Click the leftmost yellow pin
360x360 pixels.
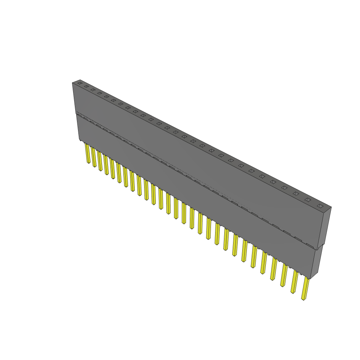tap(88, 153)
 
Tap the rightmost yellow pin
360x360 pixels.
tap(305, 289)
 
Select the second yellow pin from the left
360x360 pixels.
tap(94, 157)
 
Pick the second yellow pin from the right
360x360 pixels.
tap(294, 282)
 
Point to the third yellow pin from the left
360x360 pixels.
tap(99, 161)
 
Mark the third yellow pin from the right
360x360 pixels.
tap(283, 276)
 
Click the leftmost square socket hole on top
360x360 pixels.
tap(80, 83)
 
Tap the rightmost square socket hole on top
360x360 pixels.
tap(320, 206)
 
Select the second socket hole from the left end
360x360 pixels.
tap(86, 86)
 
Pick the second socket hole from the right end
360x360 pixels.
tap(308, 200)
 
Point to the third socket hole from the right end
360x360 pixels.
tap(296, 193)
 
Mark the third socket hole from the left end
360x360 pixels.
tap(93, 90)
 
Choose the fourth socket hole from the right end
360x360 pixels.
tap(284, 188)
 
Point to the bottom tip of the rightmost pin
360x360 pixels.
tap(303, 299)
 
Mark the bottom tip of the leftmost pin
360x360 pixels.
tap(89, 162)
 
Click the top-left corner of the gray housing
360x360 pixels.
tap(72, 83)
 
